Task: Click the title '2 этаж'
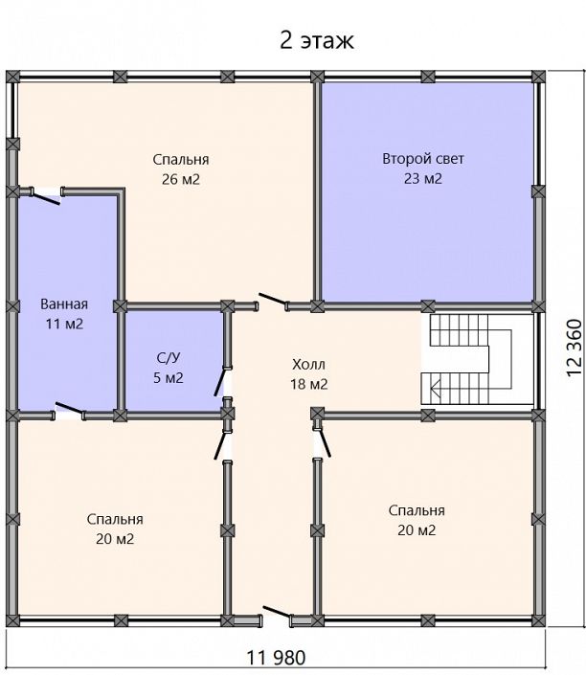click(x=317, y=41)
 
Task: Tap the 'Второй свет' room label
click(x=423, y=159)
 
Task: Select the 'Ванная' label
click(x=64, y=304)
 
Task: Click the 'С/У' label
click(x=169, y=358)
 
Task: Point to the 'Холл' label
click(x=308, y=365)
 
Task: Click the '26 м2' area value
click(x=181, y=179)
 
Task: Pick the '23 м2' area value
click(x=423, y=178)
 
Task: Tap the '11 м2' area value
click(x=64, y=324)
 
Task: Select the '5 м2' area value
click(x=169, y=378)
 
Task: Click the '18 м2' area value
click(x=308, y=384)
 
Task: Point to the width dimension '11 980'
click(x=276, y=658)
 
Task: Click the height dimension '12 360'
click(x=574, y=348)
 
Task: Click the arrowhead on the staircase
click(x=435, y=389)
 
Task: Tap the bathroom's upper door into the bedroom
click(x=45, y=196)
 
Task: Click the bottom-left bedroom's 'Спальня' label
click(x=115, y=519)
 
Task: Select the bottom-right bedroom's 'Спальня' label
click(x=417, y=510)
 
